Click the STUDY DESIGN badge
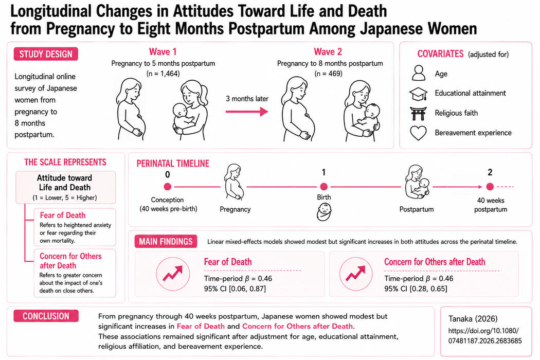click(x=46, y=54)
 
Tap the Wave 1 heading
click(x=163, y=51)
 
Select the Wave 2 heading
click(x=328, y=51)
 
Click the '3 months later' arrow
click(x=247, y=112)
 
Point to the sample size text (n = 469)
click(x=328, y=74)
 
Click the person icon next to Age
click(x=419, y=73)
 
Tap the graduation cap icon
click(x=419, y=94)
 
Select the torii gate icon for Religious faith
click(x=419, y=113)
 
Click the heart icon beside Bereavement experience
click(x=419, y=133)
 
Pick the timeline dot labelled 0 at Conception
click(x=167, y=187)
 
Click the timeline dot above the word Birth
click(x=323, y=187)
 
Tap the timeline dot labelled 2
click(x=490, y=187)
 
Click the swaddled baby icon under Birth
click(x=323, y=212)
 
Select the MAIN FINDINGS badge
click(x=166, y=242)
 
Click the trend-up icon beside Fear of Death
click(x=173, y=274)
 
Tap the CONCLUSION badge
click(x=46, y=316)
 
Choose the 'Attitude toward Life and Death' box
click(x=65, y=187)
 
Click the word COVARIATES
click(x=440, y=54)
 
